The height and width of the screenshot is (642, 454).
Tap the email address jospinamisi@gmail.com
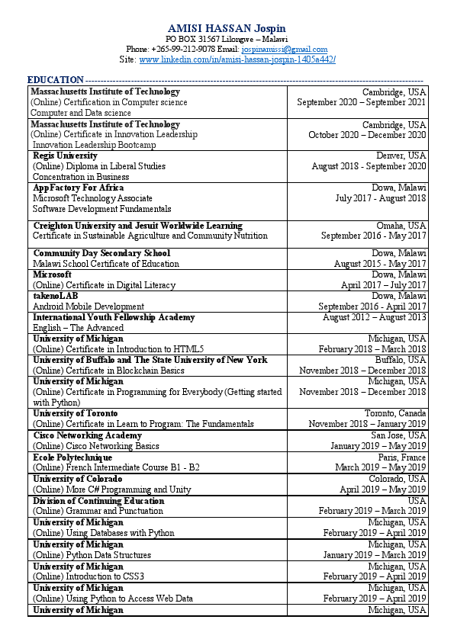tap(284, 49)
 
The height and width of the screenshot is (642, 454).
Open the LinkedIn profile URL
tap(237, 59)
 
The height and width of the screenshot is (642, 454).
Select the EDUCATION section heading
tap(55, 80)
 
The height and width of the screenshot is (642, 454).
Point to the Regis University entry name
tap(65, 156)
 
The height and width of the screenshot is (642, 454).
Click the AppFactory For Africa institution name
tap(78, 188)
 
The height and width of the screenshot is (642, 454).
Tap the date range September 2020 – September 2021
tap(362, 102)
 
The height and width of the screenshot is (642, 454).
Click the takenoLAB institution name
tap(56, 296)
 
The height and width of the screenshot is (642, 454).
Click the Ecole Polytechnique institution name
tap(72, 457)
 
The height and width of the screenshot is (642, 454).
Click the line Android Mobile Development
tap(89, 307)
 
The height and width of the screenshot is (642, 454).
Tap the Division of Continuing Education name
tap(98, 501)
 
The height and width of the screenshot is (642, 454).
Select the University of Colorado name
tap(78, 479)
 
